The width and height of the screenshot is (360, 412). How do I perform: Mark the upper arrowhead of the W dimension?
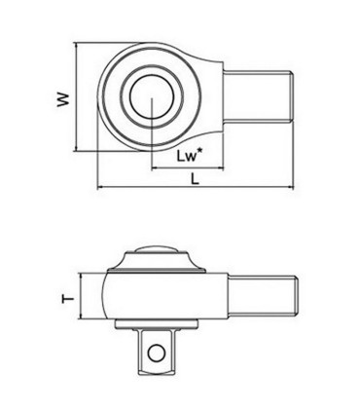click(76, 45)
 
